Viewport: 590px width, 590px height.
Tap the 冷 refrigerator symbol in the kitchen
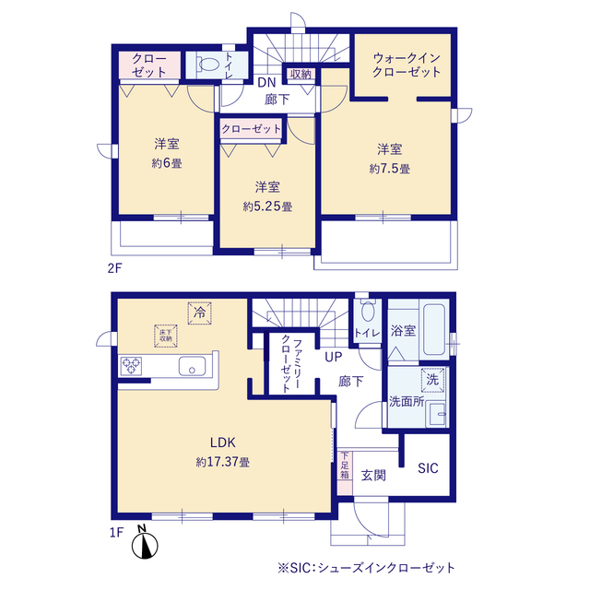coord(199,313)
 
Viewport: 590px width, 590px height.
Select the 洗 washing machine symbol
coord(432,380)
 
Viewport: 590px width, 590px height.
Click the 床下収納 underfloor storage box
coord(166,336)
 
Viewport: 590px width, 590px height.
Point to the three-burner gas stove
coord(131,366)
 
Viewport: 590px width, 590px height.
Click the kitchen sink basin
coord(192,366)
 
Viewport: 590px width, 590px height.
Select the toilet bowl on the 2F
coord(209,64)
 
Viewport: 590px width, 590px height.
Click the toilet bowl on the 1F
coord(368,311)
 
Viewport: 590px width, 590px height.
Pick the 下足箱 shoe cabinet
coord(345,473)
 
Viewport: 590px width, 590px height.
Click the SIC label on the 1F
coord(428,468)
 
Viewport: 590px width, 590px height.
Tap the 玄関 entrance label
coord(373,476)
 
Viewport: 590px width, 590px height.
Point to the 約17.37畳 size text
coord(223,462)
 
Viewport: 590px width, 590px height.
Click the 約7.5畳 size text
coord(389,169)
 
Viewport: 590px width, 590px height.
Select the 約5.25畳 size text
coord(267,206)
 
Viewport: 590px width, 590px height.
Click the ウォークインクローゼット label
coord(407,65)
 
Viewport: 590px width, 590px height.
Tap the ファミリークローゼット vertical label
coord(291,364)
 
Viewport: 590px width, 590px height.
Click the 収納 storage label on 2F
coord(301,74)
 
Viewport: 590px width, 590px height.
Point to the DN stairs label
coord(266,82)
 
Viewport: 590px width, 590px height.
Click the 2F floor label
coord(114,268)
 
